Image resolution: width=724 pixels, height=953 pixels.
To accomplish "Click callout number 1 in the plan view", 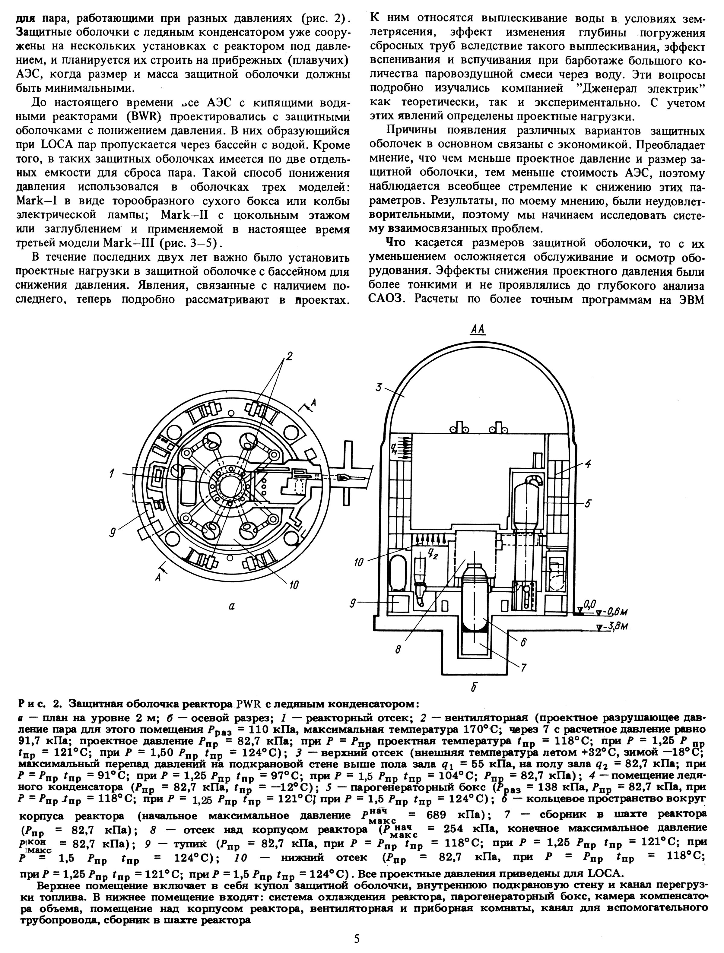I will point(112,474).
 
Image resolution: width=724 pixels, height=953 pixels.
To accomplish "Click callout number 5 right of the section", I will point(589,502).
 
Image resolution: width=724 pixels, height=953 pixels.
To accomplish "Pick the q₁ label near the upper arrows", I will point(393,449).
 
